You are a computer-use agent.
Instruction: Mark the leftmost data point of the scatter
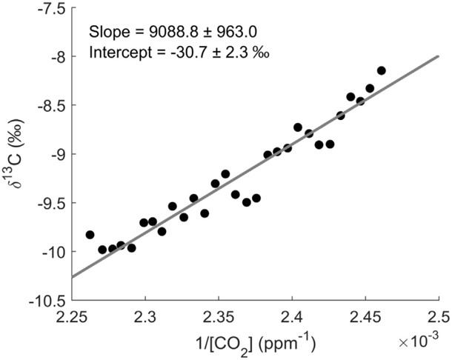point(90,235)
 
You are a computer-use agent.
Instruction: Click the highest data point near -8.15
point(382,70)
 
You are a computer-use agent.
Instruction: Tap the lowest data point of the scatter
point(103,250)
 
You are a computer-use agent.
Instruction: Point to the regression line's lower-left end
point(73,277)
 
